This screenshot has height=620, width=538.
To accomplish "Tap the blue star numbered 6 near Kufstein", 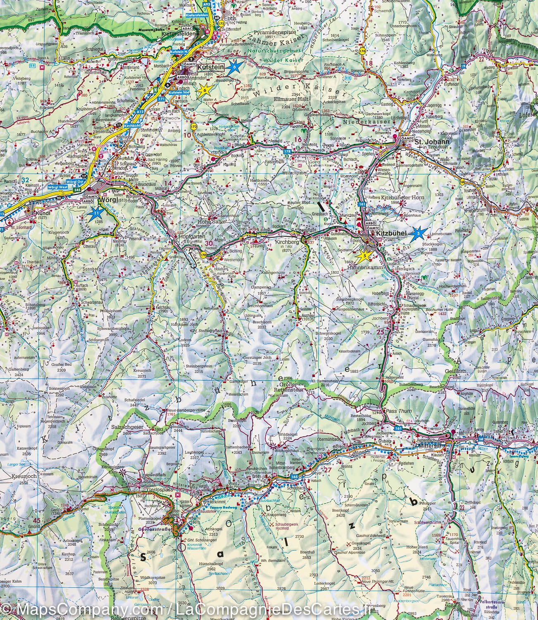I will pyautogui.click(x=234, y=67).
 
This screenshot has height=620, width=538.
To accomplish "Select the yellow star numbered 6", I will pyautogui.click(x=203, y=90).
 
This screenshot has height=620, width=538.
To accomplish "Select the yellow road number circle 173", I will pyautogui.click(x=194, y=126).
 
